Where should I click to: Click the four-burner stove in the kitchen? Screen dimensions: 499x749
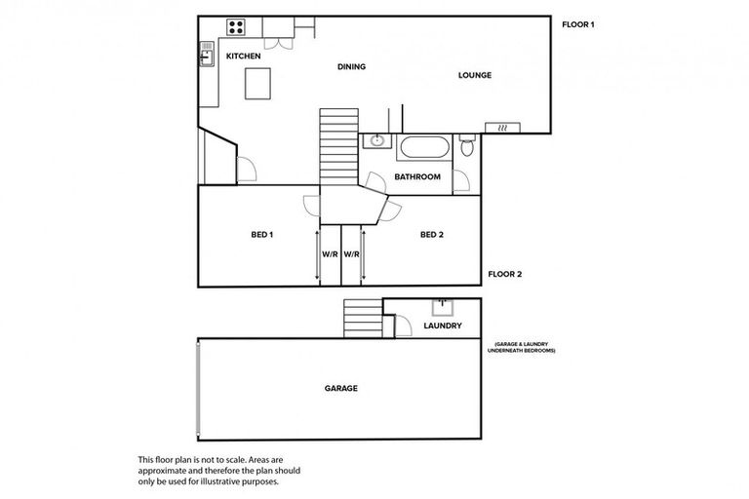pos(236,26)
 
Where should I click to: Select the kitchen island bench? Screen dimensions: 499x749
pos(257,86)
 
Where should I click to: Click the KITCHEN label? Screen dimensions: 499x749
pos(243,58)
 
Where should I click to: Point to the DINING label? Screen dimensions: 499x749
pos(351,67)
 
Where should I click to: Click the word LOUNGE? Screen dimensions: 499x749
pos(475,75)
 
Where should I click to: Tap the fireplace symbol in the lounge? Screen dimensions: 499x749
pos(503,128)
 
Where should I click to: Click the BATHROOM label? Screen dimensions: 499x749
pos(417,177)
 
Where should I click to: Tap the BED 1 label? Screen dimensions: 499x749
pos(261,235)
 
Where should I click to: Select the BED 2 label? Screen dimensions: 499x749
pos(432,235)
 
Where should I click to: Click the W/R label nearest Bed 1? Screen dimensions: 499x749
pos(330,255)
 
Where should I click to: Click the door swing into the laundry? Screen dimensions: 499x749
pos(402,326)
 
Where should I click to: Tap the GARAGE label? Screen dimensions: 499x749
pos(340,388)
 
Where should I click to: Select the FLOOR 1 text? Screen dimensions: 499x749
pos(578,24)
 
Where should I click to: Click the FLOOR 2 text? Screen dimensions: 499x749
pos(504,274)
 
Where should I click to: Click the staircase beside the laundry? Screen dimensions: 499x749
pos(361,318)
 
